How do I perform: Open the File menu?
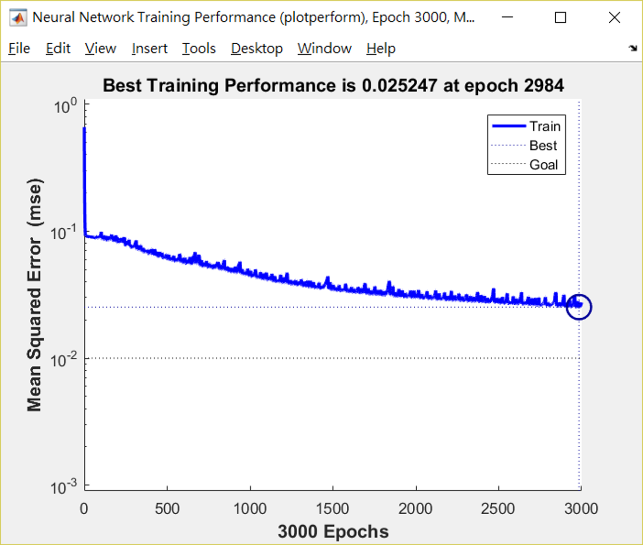pyautogui.click(x=19, y=49)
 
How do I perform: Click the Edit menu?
pyautogui.click(x=58, y=49)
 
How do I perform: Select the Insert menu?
pyautogui.click(x=149, y=49)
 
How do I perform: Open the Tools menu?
pyautogui.click(x=198, y=49)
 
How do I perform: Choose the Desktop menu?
pyautogui.click(x=257, y=49)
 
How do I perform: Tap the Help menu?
pyautogui.click(x=381, y=49)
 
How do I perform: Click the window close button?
pyautogui.click(x=614, y=18)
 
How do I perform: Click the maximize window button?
pyautogui.click(x=561, y=18)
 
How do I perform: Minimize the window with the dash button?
pyautogui.click(x=507, y=18)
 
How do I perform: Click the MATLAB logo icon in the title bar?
pyautogui.click(x=18, y=18)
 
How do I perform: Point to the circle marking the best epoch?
pyautogui.click(x=579, y=307)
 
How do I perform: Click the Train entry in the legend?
pyautogui.click(x=544, y=127)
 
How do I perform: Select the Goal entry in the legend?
pyautogui.click(x=543, y=165)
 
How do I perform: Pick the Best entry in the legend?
pyautogui.click(x=543, y=145)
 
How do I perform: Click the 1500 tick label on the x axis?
pyautogui.click(x=332, y=508)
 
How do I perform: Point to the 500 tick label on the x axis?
pyautogui.click(x=167, y=508)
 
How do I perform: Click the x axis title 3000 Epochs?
pyautogui.click(x=333, y=532)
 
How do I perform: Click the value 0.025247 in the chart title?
pyautogui.click(x=399, y=86)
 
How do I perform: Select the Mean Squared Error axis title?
pyautogui.click(x=34, y=295)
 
